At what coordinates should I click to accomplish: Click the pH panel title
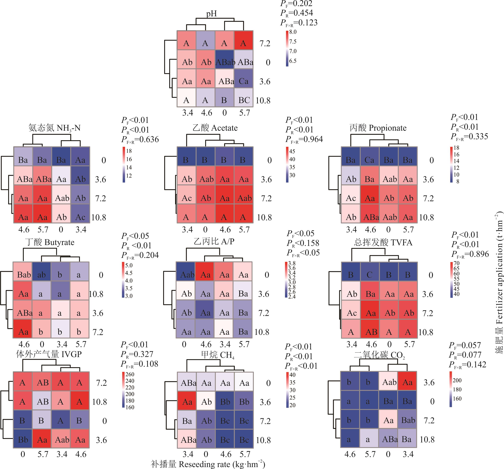point(211,13)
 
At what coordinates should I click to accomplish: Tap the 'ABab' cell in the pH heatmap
point(225,62)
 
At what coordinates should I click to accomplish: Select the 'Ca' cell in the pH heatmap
point(243,81)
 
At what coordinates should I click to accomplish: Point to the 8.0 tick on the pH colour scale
point(293,32)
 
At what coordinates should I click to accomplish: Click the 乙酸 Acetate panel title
point(215,128)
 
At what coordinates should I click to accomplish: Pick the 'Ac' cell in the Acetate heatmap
point(186,198)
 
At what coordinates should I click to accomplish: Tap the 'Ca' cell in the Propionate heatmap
point(369,160)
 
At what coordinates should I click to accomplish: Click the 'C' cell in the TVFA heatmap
point(370,275)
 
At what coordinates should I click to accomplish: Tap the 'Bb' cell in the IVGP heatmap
point(23,440)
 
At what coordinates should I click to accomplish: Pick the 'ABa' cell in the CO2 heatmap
point(389,439)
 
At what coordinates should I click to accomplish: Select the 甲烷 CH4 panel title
point(218,355)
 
